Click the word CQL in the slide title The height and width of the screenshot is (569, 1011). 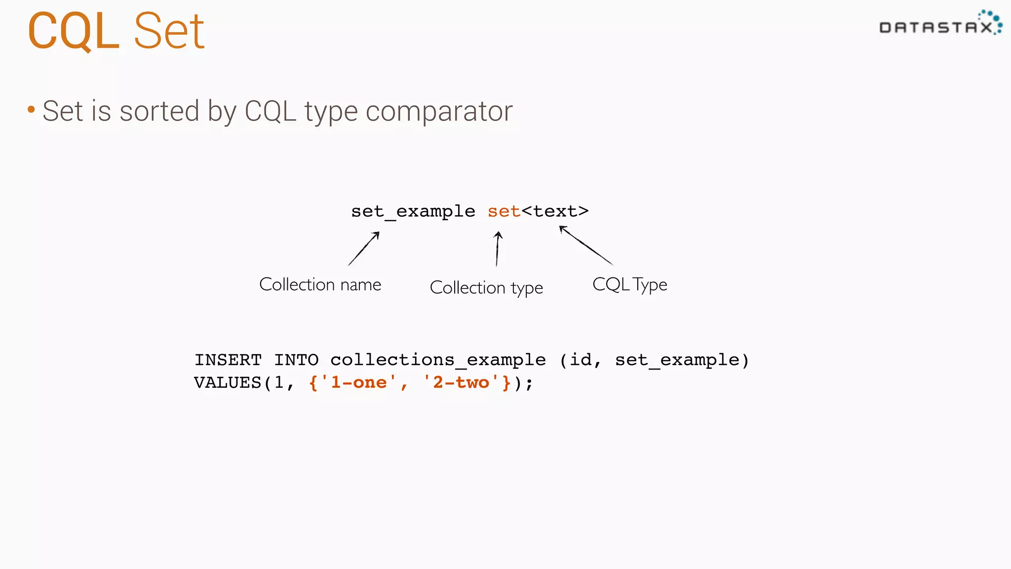[73, 32]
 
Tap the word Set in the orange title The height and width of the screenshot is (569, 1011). [169, 32]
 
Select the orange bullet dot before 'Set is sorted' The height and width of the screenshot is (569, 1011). [31, 109]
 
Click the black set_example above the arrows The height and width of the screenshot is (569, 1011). [413, 211]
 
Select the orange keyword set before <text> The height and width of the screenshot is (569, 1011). [504, 211]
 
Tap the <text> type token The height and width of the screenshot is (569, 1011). [555, 211]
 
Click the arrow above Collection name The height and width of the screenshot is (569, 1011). [364, 248]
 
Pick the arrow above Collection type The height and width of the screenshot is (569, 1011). [498, 249]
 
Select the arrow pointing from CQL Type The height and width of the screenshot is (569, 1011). [586, 245]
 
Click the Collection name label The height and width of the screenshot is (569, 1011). [320, 284]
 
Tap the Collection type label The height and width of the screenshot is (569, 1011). [486, 287]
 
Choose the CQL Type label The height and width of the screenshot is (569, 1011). [629, 284]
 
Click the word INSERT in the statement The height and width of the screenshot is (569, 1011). [228, 360]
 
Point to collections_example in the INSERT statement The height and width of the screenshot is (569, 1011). [438, 360]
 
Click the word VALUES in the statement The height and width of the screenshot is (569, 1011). [228, 383]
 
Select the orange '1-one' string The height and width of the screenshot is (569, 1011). [358, 383]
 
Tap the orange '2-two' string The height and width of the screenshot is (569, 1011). [461, 383]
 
